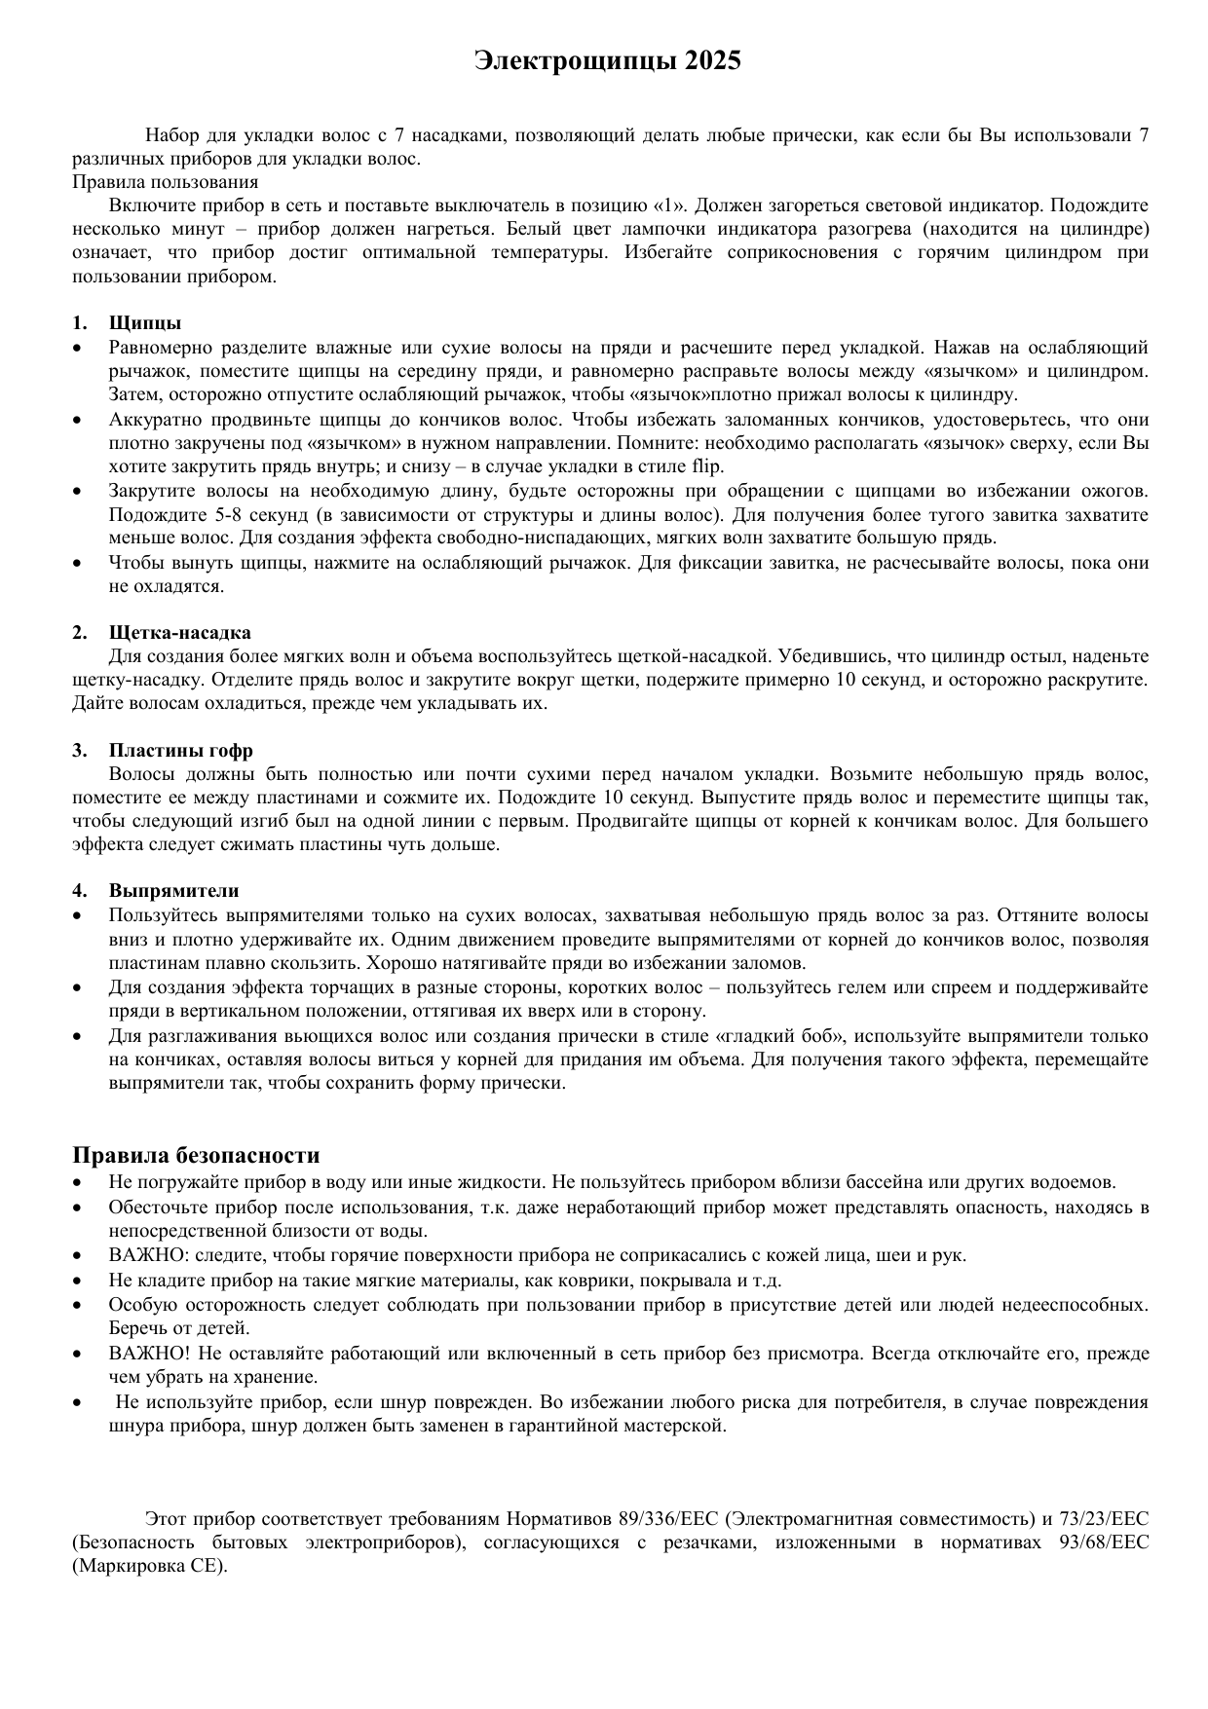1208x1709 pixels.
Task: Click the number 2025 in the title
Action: (x=712, y=61)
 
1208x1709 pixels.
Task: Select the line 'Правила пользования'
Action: (x=166, y=182)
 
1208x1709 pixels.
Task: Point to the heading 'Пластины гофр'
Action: (x=181, y=751)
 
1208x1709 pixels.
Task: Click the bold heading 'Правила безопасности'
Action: (x=196, y=1156)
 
